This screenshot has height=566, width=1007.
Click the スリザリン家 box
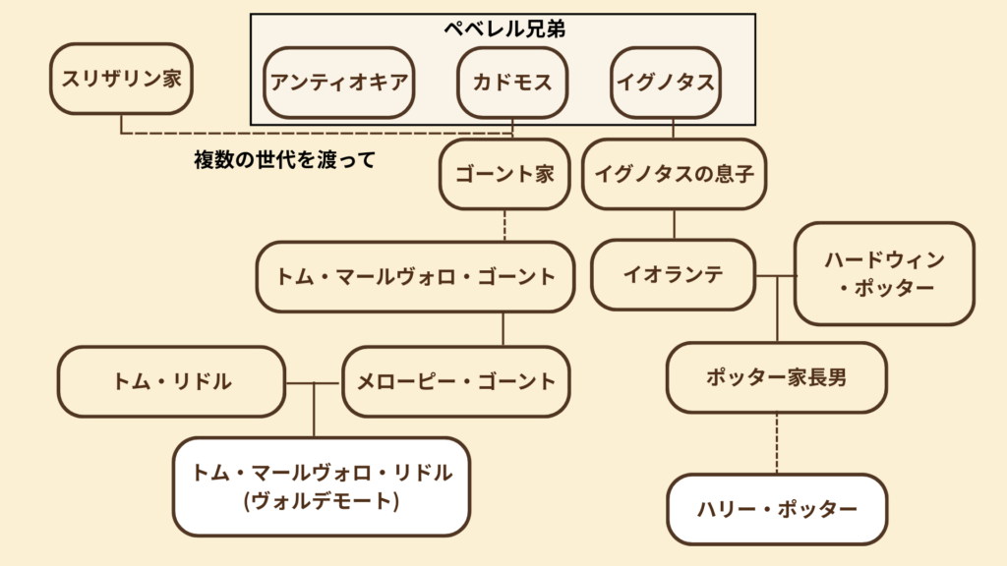121,79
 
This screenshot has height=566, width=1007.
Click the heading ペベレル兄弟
503,29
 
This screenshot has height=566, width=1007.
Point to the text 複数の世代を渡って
284,160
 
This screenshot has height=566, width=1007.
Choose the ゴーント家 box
503,174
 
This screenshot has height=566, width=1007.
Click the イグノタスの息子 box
674,174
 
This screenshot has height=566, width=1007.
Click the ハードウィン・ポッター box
884,273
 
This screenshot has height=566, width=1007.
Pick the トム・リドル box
171,381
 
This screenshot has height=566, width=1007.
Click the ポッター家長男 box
776,377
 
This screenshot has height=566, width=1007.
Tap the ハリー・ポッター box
777,509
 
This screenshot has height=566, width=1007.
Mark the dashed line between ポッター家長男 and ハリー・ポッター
777,443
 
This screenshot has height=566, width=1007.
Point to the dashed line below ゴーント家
503,225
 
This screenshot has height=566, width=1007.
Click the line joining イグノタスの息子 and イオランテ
674,224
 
